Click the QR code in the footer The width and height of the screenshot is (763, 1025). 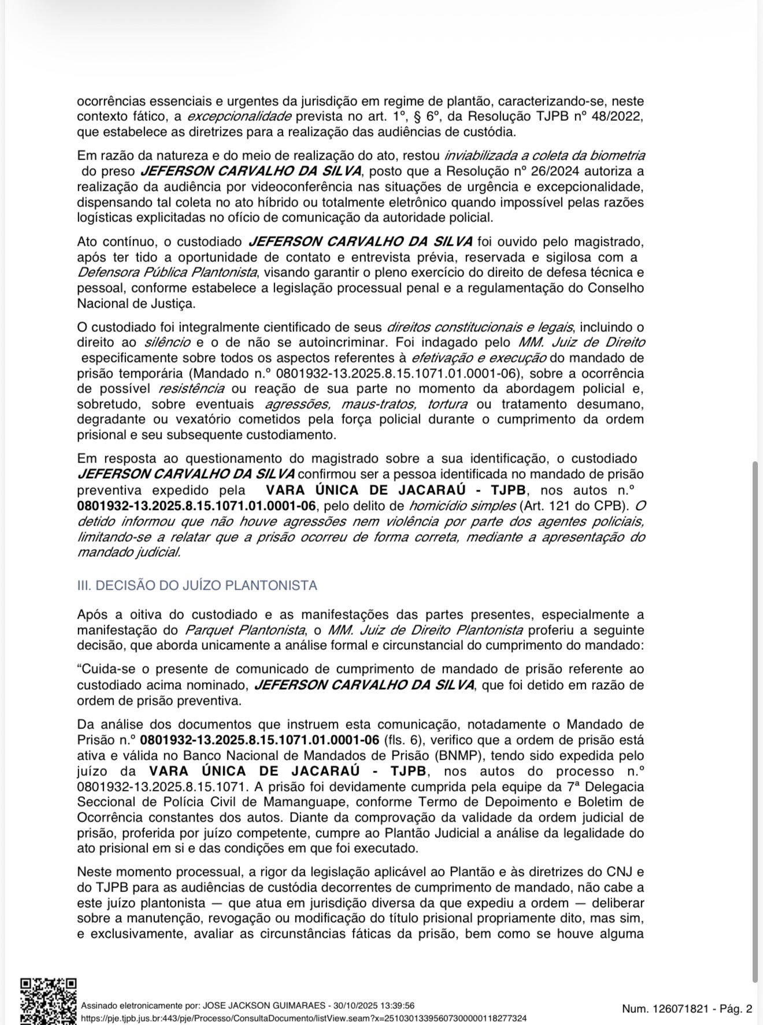pyautogui.click(x=49, y=1001)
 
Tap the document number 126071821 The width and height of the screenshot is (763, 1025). pyautogui.click(x=680, y=1009)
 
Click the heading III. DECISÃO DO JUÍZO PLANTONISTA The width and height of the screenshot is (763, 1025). pyautogui.click(x=197, y=586)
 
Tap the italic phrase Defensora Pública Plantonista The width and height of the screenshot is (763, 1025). pyautogui.click(x=167, y=272)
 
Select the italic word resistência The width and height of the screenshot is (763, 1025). pyautogui.click(x=187, y=389)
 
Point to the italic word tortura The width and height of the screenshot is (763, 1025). pyautogui.click(x=447, y=405)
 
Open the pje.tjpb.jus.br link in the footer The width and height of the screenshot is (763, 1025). pyautogui.click(x=303, y=1018)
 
